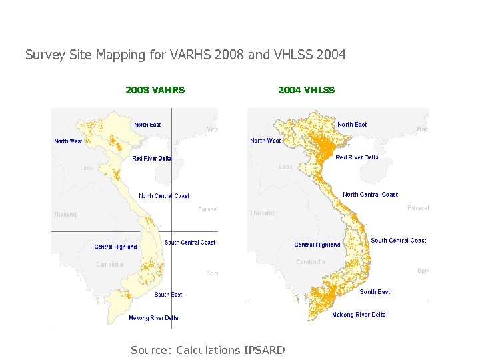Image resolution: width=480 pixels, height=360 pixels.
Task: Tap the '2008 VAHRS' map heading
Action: click(155, 90)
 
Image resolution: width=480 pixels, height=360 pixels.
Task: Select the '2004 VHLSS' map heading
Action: click(306, 90)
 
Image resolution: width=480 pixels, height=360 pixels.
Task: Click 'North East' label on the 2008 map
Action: click(147, 125)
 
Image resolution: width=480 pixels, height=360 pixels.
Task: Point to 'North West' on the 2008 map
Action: click(68, 141)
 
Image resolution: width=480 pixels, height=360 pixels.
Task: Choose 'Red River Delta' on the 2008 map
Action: click(152, 159)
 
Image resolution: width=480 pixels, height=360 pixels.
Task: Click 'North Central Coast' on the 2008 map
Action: click(163, 196)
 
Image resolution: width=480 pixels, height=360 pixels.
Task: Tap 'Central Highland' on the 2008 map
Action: click(115, 247)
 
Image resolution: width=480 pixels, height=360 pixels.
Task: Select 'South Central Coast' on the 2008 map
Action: click(190, 243)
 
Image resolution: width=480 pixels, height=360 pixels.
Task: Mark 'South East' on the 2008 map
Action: click(168, 295)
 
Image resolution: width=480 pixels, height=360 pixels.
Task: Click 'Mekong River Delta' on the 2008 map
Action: click(153, 318)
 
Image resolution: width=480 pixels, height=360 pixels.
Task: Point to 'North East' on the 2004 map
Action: click(352, 125)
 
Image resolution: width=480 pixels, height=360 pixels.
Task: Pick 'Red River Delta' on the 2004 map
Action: click(357, 158)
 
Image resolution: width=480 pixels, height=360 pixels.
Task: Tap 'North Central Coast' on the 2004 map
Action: click(370, 195)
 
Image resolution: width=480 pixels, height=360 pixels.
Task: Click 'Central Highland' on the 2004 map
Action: click(317, 245)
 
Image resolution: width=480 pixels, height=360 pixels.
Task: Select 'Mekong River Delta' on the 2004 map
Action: click(359, 315)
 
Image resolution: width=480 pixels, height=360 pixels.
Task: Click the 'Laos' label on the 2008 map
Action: click(87, 168)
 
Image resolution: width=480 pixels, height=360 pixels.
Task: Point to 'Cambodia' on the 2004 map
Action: click(310, 262)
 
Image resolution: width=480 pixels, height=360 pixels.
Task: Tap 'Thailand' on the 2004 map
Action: click(262, 213)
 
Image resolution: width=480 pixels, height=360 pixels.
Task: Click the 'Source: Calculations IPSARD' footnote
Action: click(208, 350)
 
